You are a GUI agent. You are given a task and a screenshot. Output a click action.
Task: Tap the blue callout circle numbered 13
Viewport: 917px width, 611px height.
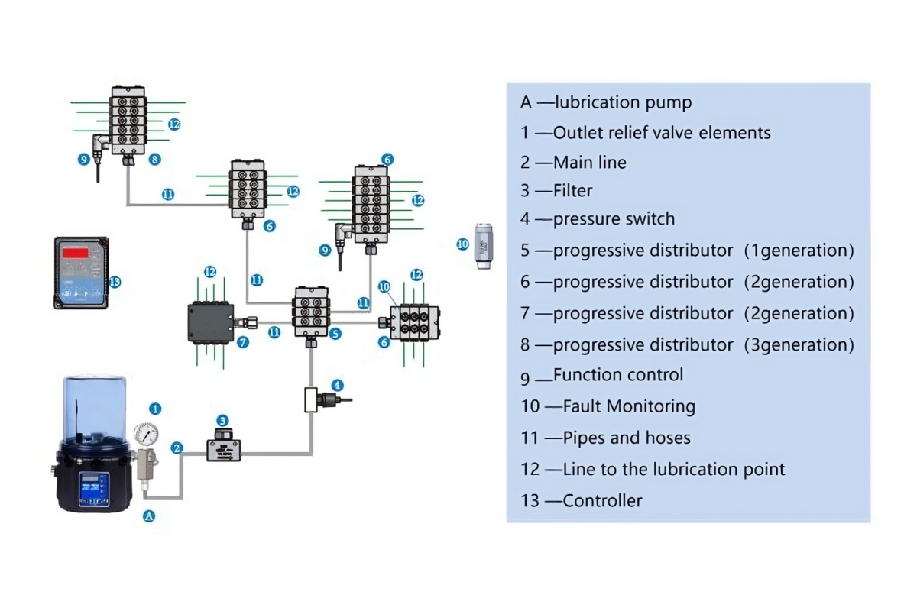[115, 281]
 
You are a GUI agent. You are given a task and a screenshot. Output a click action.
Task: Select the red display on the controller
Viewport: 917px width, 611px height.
[75, 252]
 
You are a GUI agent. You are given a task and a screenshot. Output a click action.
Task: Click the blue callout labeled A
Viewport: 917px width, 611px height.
[150, 516]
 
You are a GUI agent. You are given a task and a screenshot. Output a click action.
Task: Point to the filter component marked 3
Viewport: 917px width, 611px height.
[223, 446]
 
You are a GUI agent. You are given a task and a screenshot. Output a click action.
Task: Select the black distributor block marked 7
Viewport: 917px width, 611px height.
[210, 322]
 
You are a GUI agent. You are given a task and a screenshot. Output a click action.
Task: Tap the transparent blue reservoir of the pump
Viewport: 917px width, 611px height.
[94, 409]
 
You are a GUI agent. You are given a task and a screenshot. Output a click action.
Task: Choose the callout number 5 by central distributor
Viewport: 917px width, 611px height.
[335, 334]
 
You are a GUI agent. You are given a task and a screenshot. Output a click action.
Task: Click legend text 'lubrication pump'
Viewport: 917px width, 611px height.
[623, 102]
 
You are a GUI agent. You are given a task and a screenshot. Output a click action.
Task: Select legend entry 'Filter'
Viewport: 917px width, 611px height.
[572, 191]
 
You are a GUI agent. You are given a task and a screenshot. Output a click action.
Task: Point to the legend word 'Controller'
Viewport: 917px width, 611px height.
[602, 501]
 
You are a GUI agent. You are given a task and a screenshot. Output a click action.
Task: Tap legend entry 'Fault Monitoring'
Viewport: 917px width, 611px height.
[628, 406]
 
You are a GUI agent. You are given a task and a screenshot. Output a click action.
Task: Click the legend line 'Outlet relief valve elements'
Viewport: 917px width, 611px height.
[661, 133]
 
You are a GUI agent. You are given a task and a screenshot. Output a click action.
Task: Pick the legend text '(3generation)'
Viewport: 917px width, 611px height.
[799, 344]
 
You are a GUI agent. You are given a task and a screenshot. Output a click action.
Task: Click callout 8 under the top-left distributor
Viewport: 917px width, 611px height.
[155, 160]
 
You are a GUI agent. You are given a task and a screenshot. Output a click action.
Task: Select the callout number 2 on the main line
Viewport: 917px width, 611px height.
[177, 448]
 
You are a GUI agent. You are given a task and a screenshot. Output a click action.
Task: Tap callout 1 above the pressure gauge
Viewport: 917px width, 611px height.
[155, 409]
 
